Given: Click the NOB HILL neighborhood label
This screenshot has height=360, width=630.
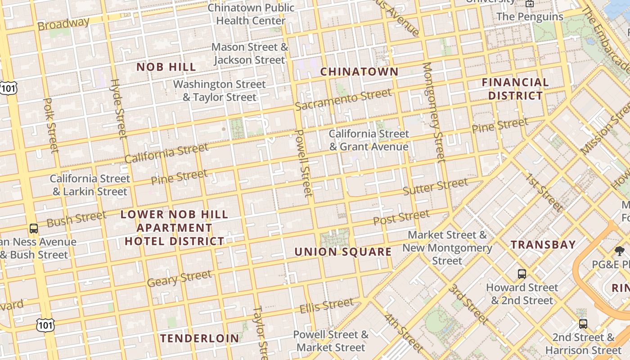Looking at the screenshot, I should click(166, 67).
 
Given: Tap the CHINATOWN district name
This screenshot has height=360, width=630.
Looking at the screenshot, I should click(359, 72).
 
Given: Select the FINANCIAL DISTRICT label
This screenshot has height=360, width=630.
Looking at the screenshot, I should click(515, 89).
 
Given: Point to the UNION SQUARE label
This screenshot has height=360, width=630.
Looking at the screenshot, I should click(343, 252).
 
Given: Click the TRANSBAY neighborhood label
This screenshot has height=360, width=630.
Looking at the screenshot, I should click(543, 245).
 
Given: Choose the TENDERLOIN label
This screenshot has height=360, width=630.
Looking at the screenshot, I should click(200, 338).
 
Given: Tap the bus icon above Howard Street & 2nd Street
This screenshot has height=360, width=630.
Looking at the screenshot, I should click(522, 274).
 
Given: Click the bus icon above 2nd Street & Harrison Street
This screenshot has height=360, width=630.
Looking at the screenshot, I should click(583, 324).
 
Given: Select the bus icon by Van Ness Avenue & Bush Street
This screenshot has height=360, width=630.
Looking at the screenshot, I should click(34, 228).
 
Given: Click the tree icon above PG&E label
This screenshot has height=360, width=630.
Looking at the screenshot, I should click(620, 251).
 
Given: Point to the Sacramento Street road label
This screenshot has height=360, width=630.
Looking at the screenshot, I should click(343, 99).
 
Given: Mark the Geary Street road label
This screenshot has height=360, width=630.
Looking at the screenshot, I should click(179, 279).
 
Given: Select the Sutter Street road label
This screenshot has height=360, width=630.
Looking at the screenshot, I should click(435, 186).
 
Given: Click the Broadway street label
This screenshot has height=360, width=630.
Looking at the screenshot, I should click(63, 23).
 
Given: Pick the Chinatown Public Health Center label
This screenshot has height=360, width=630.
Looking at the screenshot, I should click(251, 14).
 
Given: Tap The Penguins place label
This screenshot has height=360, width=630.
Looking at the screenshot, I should click(530, 17).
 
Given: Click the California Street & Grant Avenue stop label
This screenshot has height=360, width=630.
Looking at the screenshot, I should click(369, 140).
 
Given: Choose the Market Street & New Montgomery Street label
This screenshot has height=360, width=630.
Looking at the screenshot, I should click(447, 248).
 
